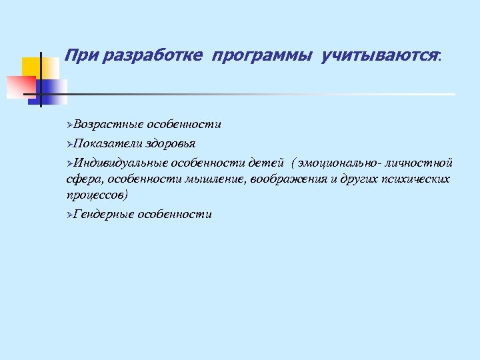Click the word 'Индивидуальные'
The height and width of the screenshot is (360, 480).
(x=121, y=162)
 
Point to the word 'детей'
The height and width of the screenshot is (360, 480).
(x=267, y=162)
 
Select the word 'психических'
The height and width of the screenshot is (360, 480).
(x=417, y=179)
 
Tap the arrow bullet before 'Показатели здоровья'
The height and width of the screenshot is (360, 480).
(x=70, y=144)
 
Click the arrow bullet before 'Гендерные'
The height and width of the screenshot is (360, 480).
(x=70, y=215)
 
